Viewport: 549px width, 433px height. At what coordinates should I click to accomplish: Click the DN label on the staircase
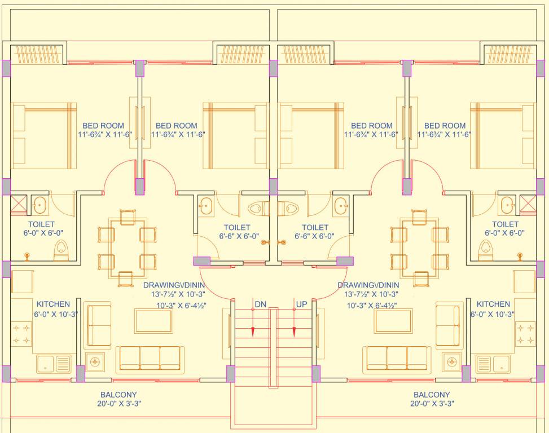(x=260, y=304)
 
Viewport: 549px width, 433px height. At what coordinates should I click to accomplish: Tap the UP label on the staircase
(x=301, y=304)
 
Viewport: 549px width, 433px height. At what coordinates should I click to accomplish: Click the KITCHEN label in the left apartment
(x=54, y=304)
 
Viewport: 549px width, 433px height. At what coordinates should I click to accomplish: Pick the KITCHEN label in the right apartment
(x=493, y=304)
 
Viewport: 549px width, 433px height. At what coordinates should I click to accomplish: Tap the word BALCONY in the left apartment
(x=118, y=395)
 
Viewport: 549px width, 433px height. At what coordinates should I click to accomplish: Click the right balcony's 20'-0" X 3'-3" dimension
(x=432, y=404)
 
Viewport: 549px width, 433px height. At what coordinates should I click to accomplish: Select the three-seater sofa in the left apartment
(x=150, y=359)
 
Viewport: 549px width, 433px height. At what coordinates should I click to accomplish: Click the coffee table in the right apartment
(x=394, y=320)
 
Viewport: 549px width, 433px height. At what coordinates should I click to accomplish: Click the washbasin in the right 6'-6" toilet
(x=341, y=207)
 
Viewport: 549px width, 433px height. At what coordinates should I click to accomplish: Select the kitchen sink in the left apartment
(x=54, y=364)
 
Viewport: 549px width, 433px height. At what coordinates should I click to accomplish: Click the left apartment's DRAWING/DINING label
(x=177, y=285)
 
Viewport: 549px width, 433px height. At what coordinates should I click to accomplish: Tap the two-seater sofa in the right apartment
(x=448, y=326)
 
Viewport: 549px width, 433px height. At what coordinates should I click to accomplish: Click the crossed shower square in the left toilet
(x=19, y=204)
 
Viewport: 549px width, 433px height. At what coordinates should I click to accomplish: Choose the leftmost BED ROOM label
(x=103, y=126)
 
